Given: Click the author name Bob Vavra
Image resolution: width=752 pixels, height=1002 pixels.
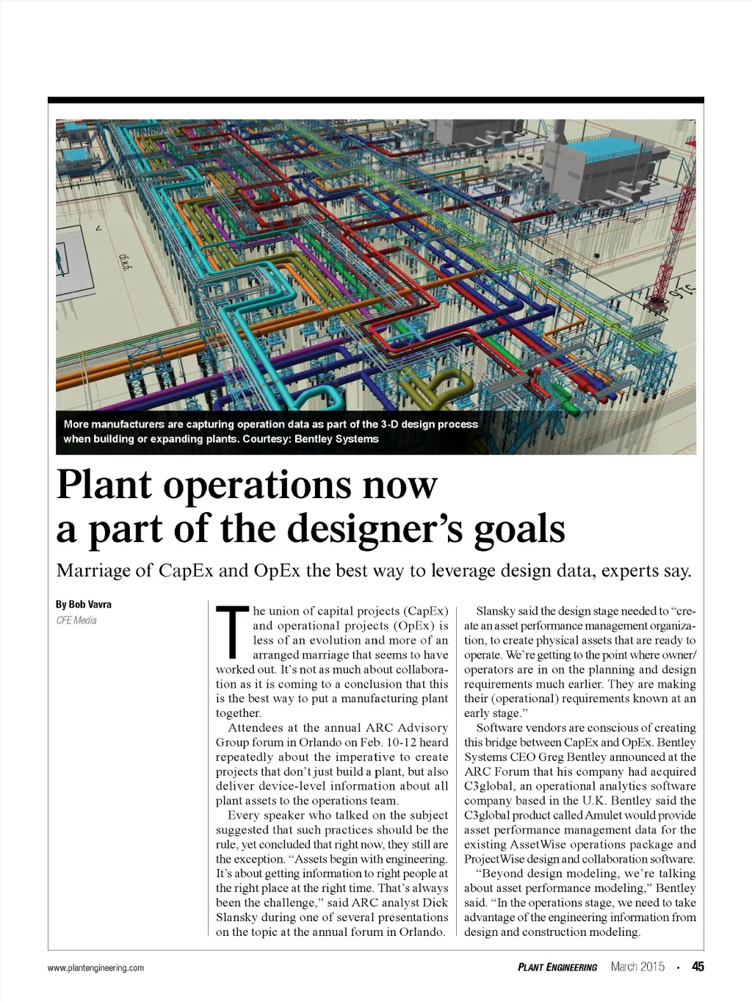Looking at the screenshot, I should click(84, 605).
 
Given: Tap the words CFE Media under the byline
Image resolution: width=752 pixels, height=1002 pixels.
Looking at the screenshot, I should click(76, 621).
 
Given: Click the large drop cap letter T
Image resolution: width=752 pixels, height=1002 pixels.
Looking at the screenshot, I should click(232, 631).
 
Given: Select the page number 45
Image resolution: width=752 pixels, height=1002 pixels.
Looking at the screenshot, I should click(697, 967).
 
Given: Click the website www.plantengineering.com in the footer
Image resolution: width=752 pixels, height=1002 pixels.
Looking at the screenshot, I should click(95, 968).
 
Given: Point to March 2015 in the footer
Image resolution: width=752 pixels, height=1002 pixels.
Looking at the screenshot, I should click(637, 967).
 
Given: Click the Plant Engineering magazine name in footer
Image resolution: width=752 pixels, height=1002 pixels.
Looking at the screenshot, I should click(557, 967).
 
